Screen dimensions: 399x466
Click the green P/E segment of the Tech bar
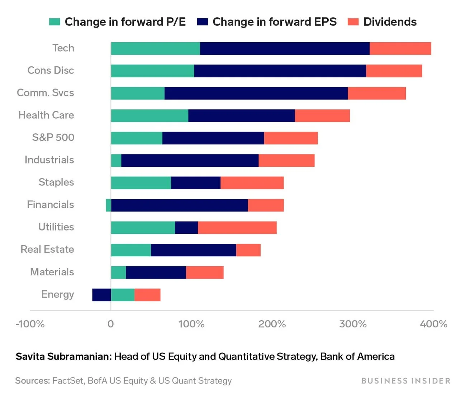click(155, 48)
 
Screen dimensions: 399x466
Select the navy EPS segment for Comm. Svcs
click(256, 93)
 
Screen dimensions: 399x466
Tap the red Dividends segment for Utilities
click(237, 228)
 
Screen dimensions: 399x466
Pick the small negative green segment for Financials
click(108, 205)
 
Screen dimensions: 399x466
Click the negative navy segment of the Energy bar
click(101, 295)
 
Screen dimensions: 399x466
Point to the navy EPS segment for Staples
click(196, 183)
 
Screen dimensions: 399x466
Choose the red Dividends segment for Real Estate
click(248, 250)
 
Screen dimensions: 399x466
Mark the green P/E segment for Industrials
click(116, 160)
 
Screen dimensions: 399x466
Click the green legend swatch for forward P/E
click(54, 22)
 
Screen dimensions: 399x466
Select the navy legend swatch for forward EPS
click(202, 22)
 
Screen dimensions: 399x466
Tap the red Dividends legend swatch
click(353, 22)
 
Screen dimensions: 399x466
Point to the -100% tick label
click(30, 324)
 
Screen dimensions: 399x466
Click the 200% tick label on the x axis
click(272, 324)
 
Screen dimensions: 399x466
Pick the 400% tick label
click(434, 324)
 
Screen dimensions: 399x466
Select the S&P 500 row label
click(53, 137)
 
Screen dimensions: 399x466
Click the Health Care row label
click(46, 115)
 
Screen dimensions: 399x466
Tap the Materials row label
click(52, 272)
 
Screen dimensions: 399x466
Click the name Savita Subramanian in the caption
click(63, 356)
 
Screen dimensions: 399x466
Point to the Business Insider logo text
click(406, 381)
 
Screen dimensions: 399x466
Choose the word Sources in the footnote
click(32, 381)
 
